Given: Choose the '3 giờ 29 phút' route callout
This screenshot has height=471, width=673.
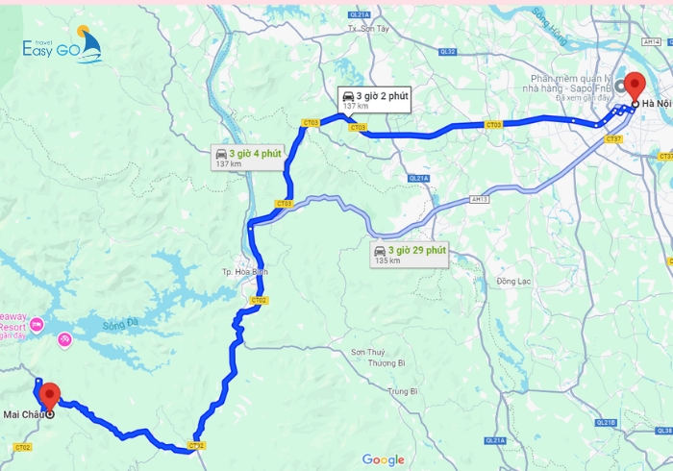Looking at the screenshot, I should pos(411,255).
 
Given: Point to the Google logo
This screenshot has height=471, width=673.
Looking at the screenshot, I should pos(383,460).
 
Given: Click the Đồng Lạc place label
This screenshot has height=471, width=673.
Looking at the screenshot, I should pos(513,282).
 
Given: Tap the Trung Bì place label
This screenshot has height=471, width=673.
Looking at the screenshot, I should pos(401,391).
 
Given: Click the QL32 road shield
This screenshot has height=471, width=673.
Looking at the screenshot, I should pos(446,51).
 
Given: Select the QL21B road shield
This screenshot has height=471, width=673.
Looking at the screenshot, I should pos(606,421).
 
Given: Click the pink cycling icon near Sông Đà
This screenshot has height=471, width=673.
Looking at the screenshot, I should pos(65,339).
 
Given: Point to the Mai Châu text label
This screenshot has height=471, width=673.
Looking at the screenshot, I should pos(24,415).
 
